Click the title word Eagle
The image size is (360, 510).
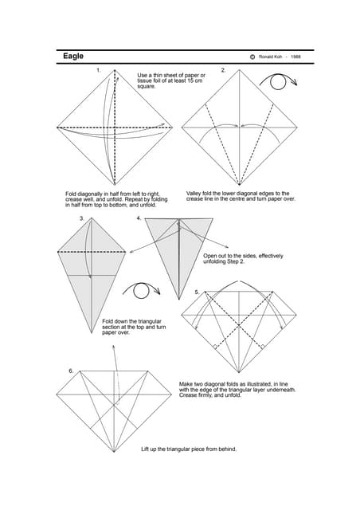point(73,57)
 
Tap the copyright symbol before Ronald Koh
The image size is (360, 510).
point(252,57)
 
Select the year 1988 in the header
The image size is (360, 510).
point(295,57)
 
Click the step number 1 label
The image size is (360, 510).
point(99,70)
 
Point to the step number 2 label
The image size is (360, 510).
point(223,70)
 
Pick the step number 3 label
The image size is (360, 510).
point(82,218)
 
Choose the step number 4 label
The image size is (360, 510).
point(139,218)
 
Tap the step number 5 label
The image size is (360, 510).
point(197,292)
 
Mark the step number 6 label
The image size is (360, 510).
point(71,371)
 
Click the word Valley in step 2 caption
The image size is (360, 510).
point(194,194)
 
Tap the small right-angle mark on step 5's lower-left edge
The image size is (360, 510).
point(215,347)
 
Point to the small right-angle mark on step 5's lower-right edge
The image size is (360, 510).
point(263,347)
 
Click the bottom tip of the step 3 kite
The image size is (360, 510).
point(92,332)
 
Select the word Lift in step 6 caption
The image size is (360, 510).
point(145,449)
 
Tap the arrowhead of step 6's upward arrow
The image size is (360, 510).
point(114,347)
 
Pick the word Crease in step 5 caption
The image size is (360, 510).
point(188,395)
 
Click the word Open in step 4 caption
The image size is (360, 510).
point(209,256)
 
